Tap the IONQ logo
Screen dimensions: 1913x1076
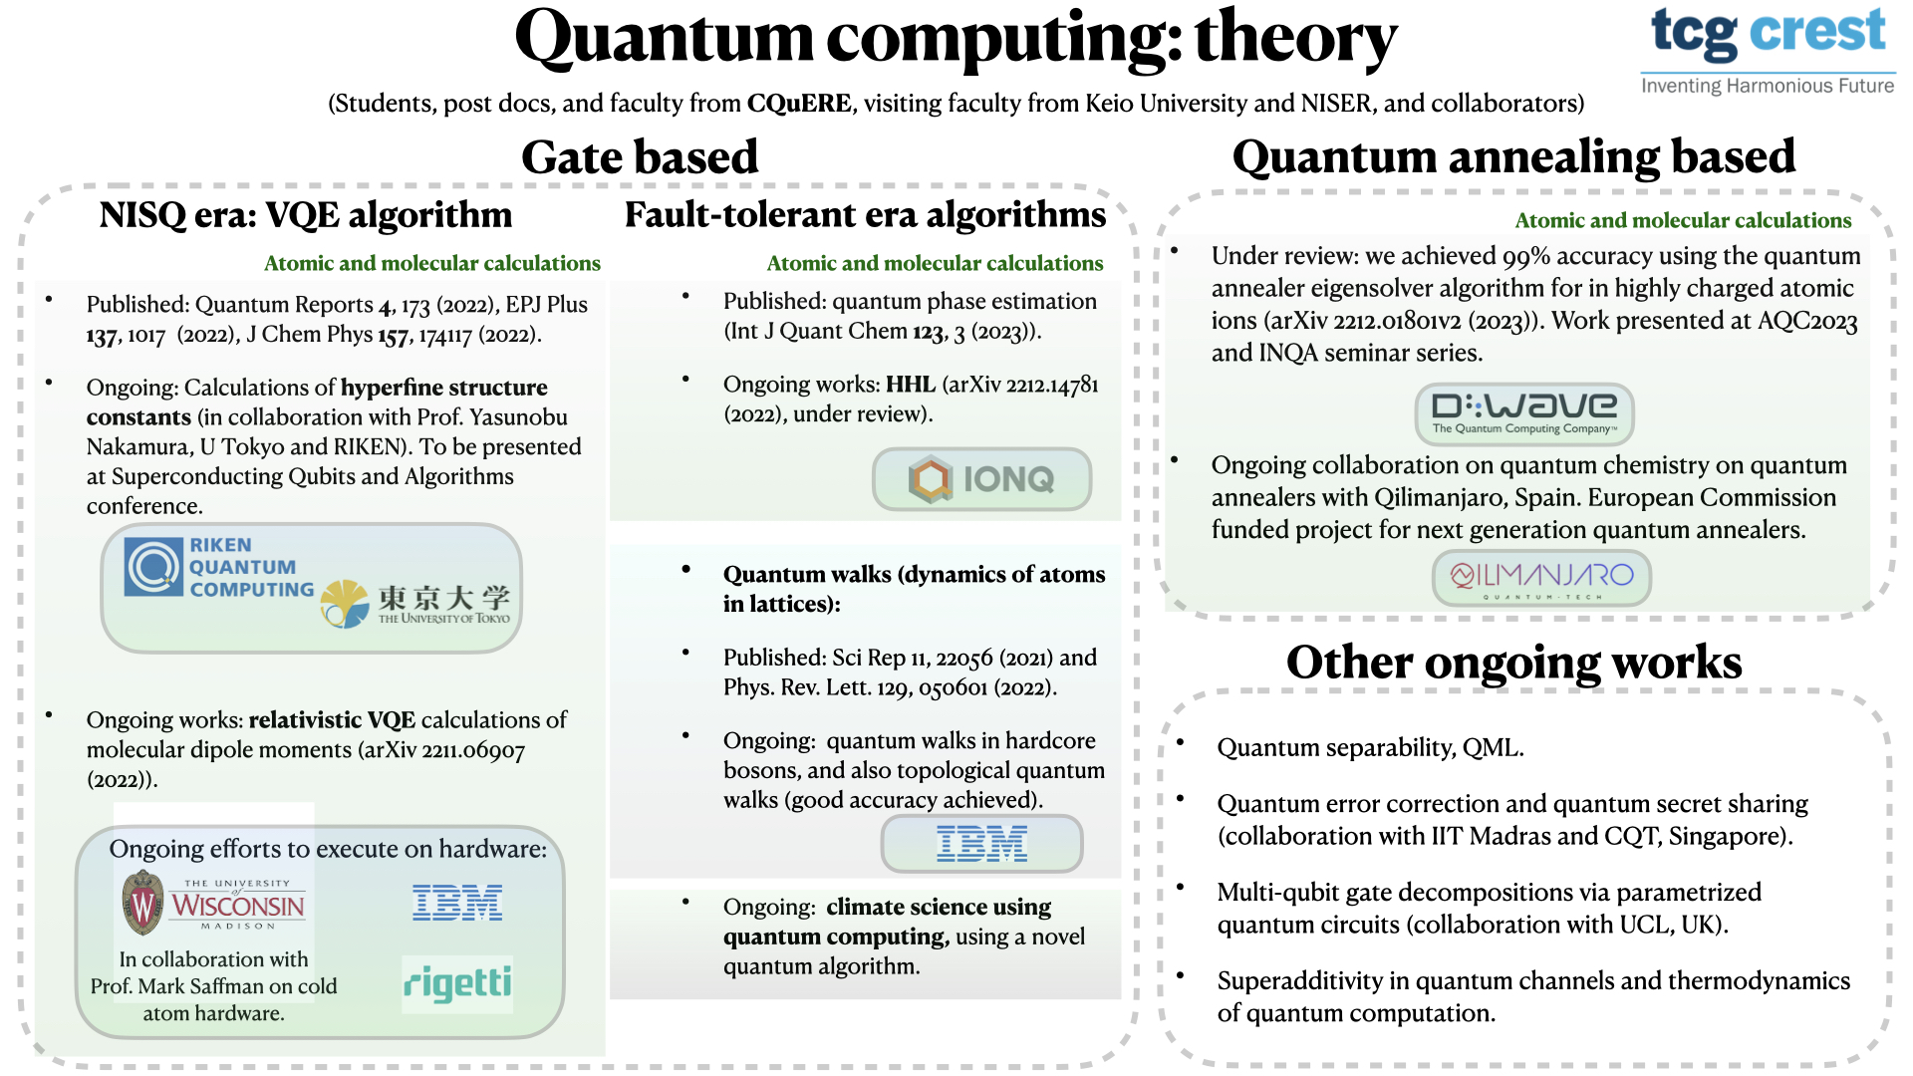[x=981, y=479]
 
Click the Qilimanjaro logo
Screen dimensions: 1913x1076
[x=1541, y=578]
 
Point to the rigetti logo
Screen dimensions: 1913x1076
[x=457, y=983]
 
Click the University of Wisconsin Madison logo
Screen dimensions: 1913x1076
[x=213, y=903]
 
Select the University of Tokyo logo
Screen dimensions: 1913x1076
[x=415, y=602]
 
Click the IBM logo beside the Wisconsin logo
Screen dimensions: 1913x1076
[x=457, y=902]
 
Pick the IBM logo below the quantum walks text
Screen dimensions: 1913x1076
[x=981, y=844]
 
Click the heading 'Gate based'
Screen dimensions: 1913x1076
[x=640, y=157]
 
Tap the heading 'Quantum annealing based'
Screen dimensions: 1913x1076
[x=1513, y=157]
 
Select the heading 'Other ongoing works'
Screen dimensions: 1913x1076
[x=1513, y=662]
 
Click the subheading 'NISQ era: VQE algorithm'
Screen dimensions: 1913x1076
[x=305, y=215]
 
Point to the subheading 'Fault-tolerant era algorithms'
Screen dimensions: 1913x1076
[x=865, y=215]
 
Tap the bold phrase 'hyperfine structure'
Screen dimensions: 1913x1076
[x=444, y=388]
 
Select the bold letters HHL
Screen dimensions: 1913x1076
[x=911, y=385]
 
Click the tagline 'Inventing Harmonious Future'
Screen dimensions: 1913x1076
[x=1768, y=86]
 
